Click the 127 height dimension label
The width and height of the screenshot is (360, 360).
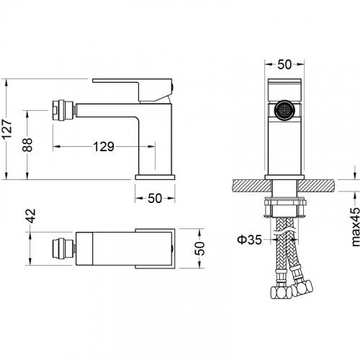[7, 129]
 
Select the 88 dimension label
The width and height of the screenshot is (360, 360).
[27, 145]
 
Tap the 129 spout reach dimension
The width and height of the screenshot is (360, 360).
[104, 146]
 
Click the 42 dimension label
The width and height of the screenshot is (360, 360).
[32, 216]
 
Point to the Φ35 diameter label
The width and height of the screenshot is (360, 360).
[249, 240]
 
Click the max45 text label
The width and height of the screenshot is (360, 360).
[355, 227]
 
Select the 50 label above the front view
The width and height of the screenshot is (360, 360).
[284, 64]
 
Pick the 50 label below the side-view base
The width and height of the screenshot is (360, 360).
[155, 198]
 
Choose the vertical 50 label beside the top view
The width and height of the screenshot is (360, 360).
[200, 248]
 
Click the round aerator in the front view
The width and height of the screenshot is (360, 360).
[284, 110]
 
